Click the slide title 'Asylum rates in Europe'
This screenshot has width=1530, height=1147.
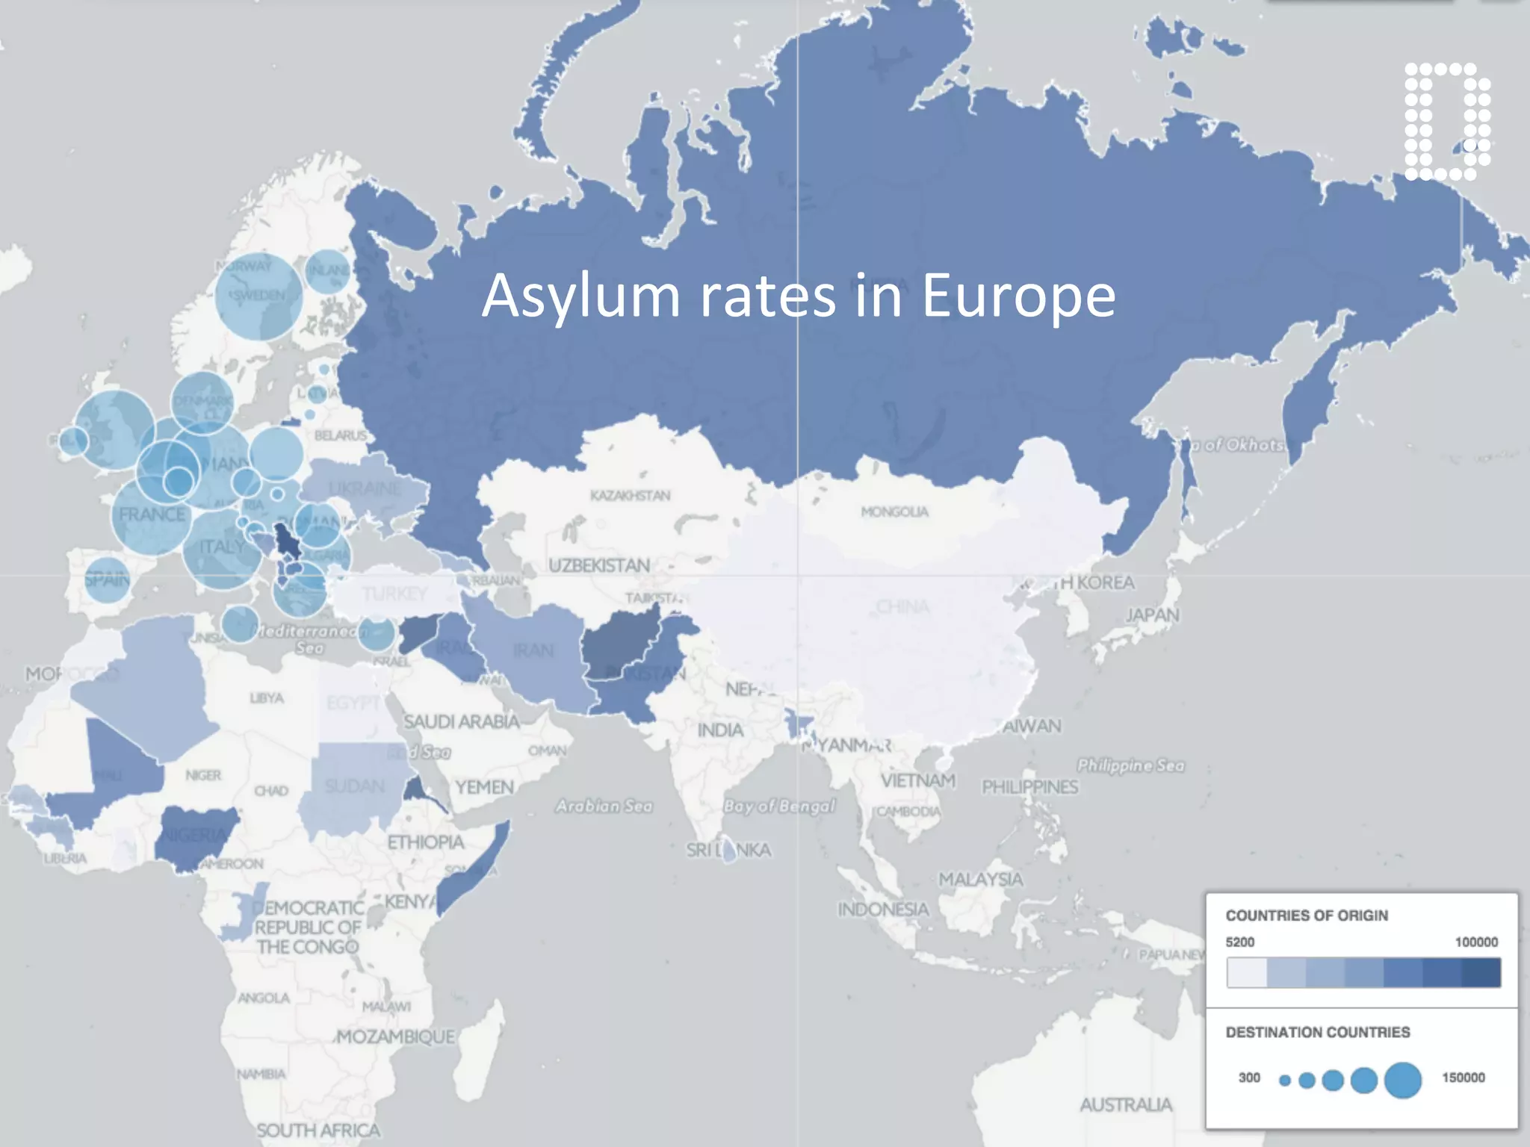click(x=799, y=296)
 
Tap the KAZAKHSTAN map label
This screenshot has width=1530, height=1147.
click(x=630, y=496)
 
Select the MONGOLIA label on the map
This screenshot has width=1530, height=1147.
click(x=894, y=512)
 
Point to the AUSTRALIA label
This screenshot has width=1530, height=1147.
click(x=1125, y=1104)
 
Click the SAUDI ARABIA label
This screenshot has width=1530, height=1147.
click(x=461, y=721)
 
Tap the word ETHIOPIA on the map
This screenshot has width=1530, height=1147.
click(x=425, y=842)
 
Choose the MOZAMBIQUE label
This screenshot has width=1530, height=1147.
click(x=395, y=1036)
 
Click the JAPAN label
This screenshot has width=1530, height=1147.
click(x=1152, y=615)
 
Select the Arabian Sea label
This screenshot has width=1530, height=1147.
click(x=604, y=806)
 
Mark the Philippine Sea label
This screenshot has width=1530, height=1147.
click(x=1130, y=765)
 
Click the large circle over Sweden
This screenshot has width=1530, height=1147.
click(x=258, y=296)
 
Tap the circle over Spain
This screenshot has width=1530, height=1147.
click(x=107, y=579)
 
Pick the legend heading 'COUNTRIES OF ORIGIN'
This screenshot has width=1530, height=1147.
click(x=1307, y=916)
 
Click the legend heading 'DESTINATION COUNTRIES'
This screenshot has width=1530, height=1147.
click(x=1318, y=1032)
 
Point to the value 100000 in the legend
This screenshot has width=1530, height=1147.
click(x=1475, y=942)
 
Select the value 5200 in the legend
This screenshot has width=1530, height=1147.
click(x=1240, y=942)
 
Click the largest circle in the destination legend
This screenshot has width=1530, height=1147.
click(x=1402, y=1080)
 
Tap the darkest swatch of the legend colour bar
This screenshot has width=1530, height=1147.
click(x=1481, y=973)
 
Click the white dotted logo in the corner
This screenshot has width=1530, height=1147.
click(x=1447, y=122)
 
